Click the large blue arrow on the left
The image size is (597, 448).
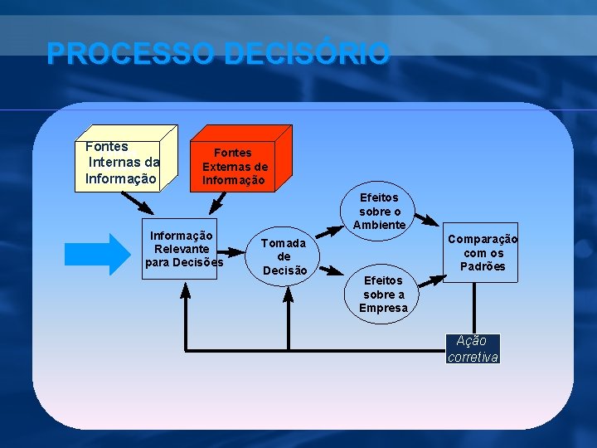(98, 254)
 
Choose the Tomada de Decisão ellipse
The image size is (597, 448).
(284, 256)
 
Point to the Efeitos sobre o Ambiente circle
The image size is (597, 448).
(379, 211)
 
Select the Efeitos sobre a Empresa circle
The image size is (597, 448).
(383, 294)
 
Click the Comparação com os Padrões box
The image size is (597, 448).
(483, 252)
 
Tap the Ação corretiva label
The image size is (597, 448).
(473, 348)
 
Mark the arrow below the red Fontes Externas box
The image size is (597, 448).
(219, 202)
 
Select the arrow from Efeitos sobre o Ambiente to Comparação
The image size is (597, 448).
(427, 220)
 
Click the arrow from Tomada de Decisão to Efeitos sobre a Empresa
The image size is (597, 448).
(332, 269)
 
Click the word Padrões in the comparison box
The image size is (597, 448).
(483, 266)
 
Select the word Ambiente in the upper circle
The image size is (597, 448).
(379, 225)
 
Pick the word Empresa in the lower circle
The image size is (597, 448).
(383, 308)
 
